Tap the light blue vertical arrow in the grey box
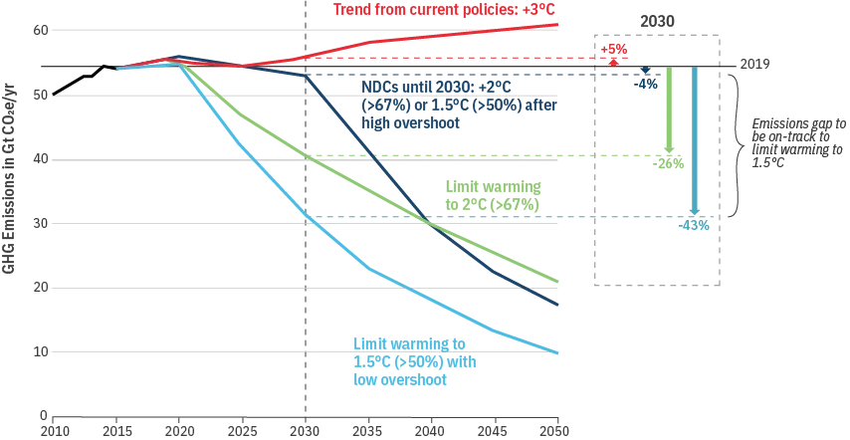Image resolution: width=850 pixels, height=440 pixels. (697, 139)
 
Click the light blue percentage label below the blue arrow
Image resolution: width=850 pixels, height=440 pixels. (694, 225)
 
